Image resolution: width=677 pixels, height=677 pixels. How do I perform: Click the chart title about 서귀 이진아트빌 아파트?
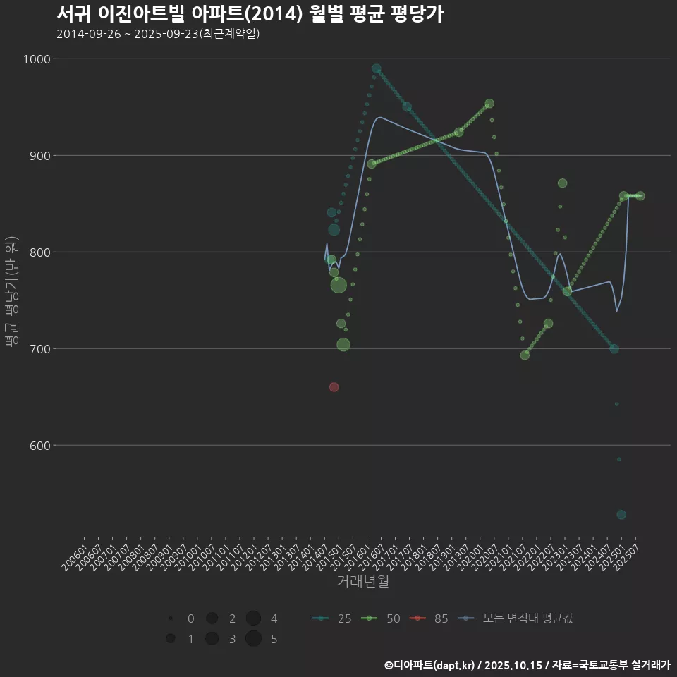click(250, 14)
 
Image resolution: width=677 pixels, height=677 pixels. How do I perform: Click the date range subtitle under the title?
click(158, 34)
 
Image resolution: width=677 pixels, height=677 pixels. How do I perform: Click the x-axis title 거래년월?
click(362, 581)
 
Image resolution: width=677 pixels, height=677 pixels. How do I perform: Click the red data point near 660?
click(334, 387)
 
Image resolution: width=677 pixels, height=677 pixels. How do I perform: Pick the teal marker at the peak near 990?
click(377, 68)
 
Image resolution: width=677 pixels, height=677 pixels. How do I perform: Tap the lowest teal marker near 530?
click(621, 515)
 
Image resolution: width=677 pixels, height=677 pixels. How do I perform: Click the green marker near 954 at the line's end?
click(489, 104)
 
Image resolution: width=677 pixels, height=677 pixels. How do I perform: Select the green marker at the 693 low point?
click(525, 355)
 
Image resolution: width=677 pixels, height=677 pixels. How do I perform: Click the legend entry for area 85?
click(431, 619)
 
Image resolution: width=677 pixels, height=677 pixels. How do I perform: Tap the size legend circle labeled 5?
click(254, 639)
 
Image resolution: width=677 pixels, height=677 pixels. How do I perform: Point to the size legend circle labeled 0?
click(171, 619)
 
